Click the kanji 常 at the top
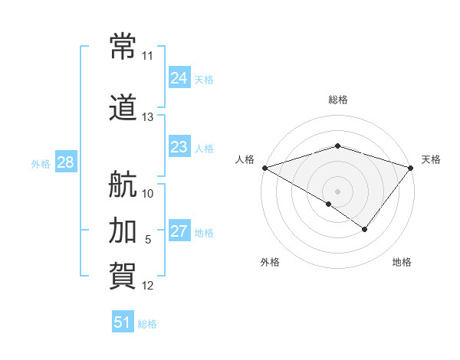pos(123,46)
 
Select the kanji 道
pos(123,107)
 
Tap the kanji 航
pos(123,184)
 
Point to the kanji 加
pos(123,229)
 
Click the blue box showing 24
pos(179,77)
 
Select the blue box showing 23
pos(179,147)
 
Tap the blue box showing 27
pos(179,232)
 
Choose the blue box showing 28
pos(65,162)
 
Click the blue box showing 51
pos(122,322)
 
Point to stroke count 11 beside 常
pos(147,56)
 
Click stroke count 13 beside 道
pos(147,117)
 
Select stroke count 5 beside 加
pos(148,240)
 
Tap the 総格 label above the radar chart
pos(337,100)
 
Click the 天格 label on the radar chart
pos(431,159)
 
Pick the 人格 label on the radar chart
pos(245,159)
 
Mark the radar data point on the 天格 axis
pos(411,167)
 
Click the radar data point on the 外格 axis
pos(329,204)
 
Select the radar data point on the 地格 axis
pos(365,229)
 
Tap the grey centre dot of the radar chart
pos(337,191)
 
